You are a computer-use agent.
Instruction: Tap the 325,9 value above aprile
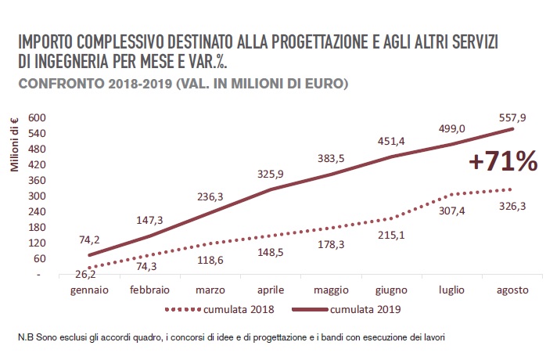pos(270,174)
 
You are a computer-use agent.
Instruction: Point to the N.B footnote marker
pos(23,337)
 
